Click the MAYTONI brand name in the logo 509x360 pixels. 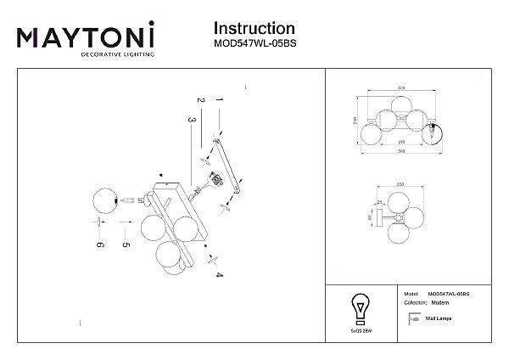pyautogui.click(x=85, y=37)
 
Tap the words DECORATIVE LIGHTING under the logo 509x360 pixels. pyautogui.click(x=117, y=54)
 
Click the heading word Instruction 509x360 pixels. pyautogui.click(x=254, y=30)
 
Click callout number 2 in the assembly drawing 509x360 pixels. pyautogui.click(x=201, y=101)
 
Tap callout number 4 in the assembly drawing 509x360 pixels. pyautogui.click(x=218, y=276)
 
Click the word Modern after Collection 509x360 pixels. pyautogui.click(x=439, y=303)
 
